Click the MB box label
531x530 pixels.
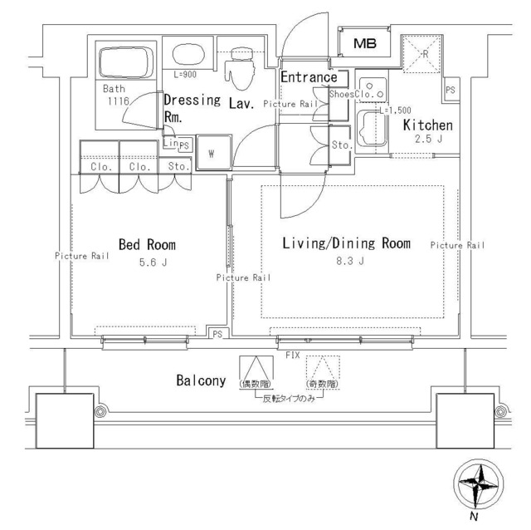[x=364, y=44]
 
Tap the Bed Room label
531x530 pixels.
[x=147, y=244]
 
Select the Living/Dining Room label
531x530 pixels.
[x=346, y=243]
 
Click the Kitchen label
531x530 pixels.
[x=427, y=125]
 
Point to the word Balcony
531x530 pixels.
[x=201, y=381]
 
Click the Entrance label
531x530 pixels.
[x=309, y=77]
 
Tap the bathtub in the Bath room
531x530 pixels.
[x=125, y=63]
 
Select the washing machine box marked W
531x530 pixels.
[x=212, y=153]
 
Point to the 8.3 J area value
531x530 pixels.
[x=346, y=264]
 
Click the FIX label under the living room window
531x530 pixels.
[x=292, y=354]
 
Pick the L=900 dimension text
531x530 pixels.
[x=187, y=75]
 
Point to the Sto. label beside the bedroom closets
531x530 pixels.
[x=178, y=166]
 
